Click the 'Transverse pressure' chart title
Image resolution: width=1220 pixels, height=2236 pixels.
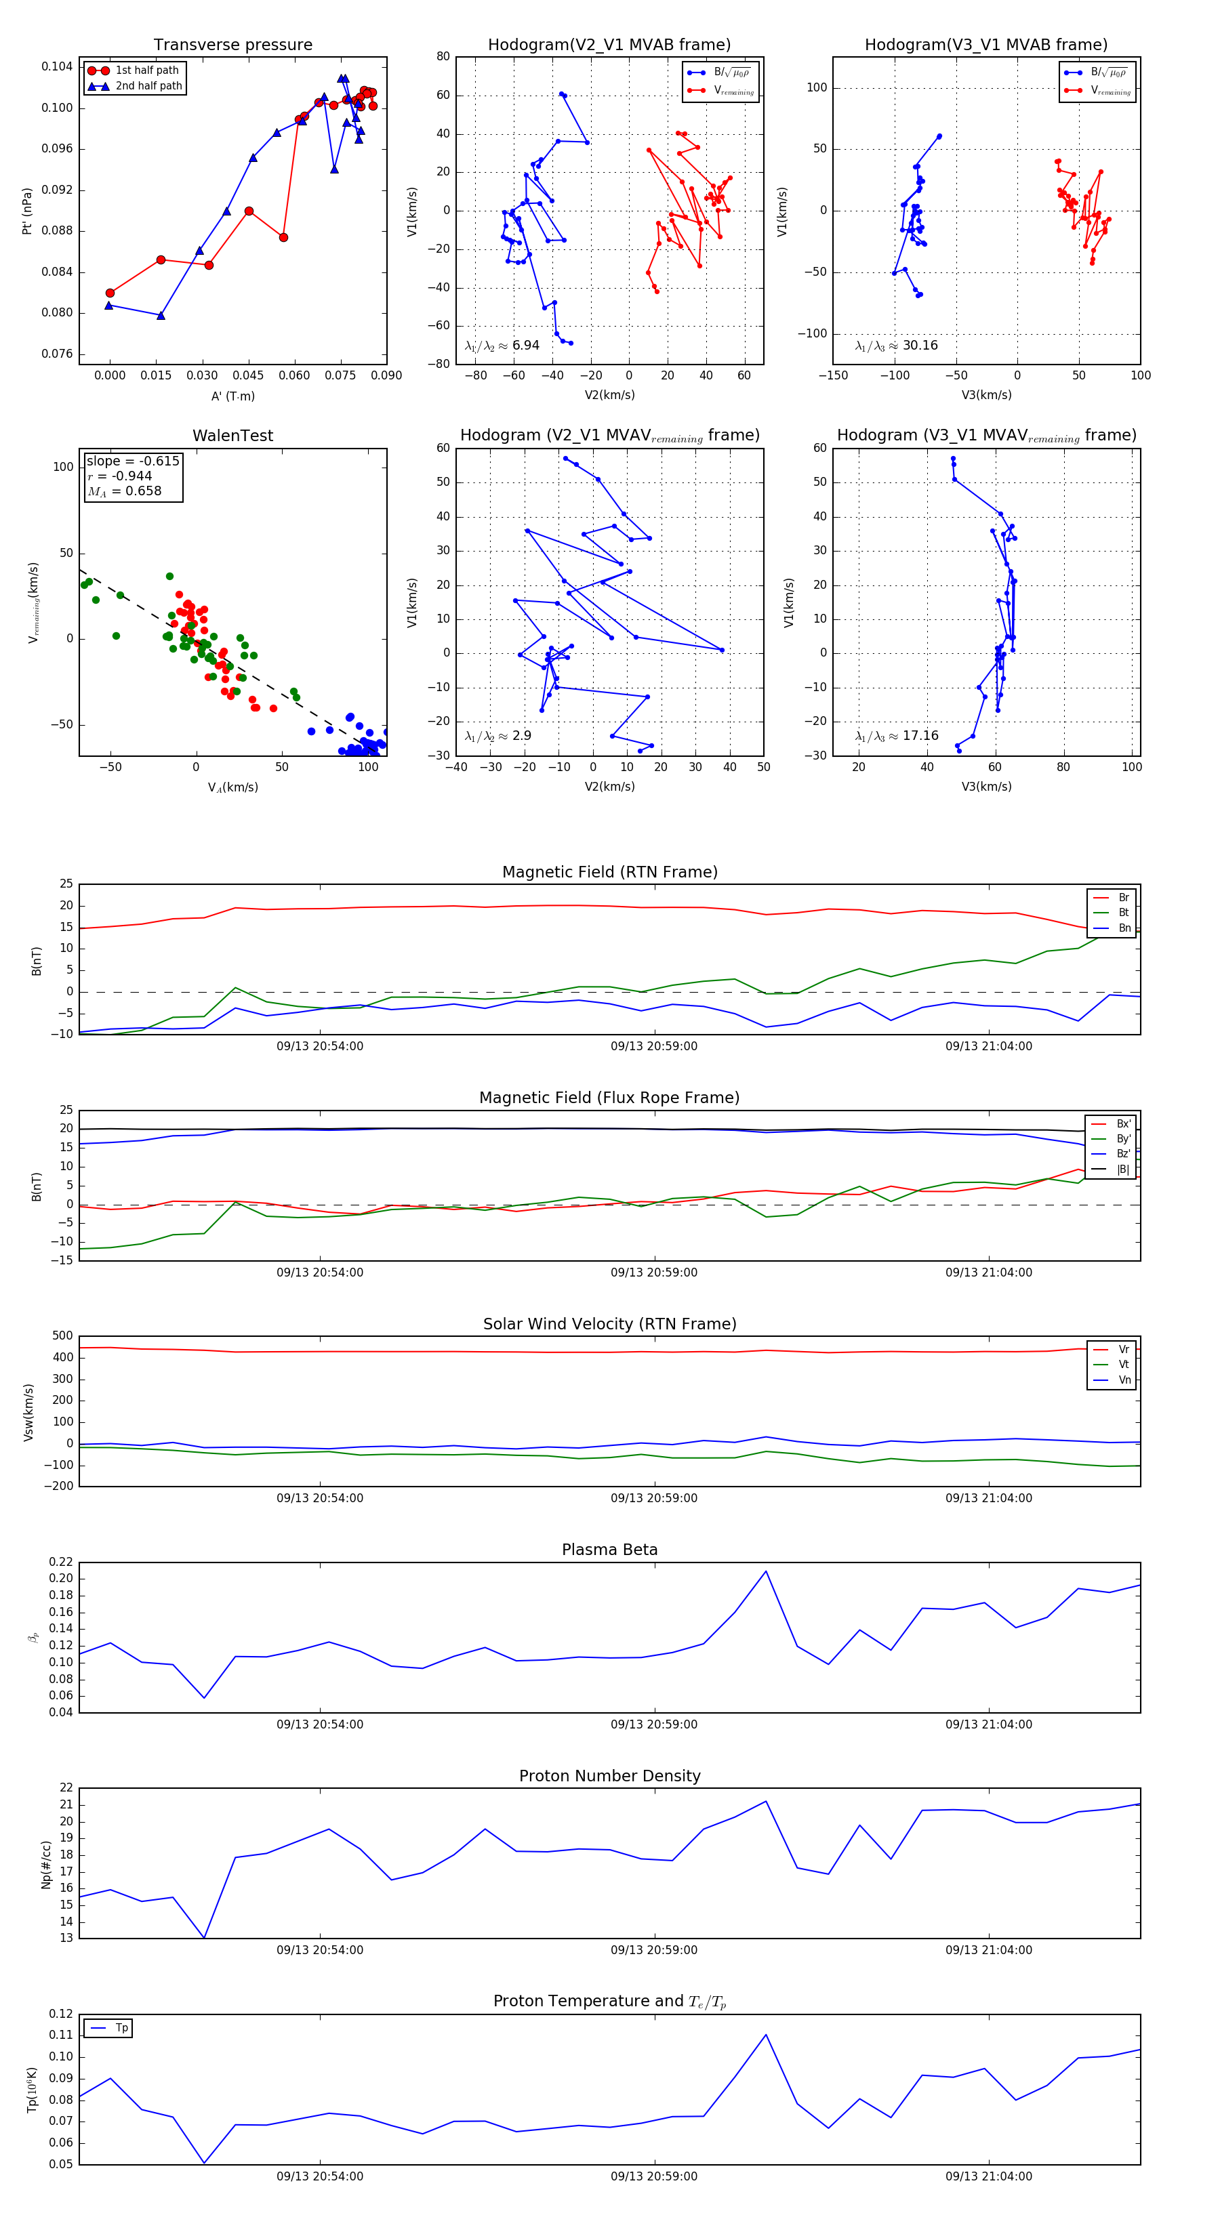click(232, 45)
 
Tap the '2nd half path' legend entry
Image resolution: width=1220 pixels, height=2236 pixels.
click(148, 86)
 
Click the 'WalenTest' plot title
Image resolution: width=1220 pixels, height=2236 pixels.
click(232, 436)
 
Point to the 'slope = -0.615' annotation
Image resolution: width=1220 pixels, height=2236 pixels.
click(133, 461)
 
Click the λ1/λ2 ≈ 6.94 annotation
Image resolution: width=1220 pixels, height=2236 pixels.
click(502, 346)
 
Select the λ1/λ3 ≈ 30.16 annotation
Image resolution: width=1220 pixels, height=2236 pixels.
click(896, 346)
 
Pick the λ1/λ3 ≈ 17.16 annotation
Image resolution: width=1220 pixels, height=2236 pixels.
click(896, 736)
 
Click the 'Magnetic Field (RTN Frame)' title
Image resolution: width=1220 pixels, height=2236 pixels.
click(609, 872)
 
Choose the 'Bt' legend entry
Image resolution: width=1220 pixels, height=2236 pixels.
click(1123, 912)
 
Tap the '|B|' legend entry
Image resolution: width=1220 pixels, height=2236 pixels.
click(1123, 1169)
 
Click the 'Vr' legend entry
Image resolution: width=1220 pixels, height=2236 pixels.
click(1124, 1350)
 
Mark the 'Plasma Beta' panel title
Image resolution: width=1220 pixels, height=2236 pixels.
click(609, 1550)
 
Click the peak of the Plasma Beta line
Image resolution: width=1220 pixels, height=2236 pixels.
click(765, 1571)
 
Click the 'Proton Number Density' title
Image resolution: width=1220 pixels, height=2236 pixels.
click(609, 1776)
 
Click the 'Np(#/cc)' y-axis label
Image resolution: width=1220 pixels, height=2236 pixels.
click(47, 1865)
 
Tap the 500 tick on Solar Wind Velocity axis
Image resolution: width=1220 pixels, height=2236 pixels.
click(62, 1336)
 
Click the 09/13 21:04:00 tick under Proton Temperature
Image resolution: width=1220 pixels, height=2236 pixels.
click(988, 2176)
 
